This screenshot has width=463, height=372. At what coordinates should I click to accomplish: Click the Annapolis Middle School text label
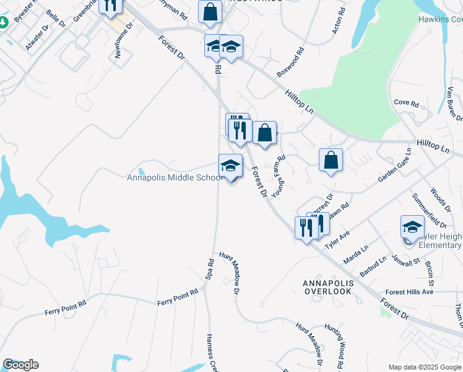[175, 178]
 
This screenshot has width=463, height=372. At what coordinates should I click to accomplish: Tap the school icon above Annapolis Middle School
[230, 166]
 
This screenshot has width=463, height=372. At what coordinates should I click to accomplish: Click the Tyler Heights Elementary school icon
[412, 227]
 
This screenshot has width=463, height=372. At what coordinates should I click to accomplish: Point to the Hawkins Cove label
[439, 19]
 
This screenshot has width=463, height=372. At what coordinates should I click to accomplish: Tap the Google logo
[20, 365]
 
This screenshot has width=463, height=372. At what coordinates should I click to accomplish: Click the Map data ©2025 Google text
[424, 367]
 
